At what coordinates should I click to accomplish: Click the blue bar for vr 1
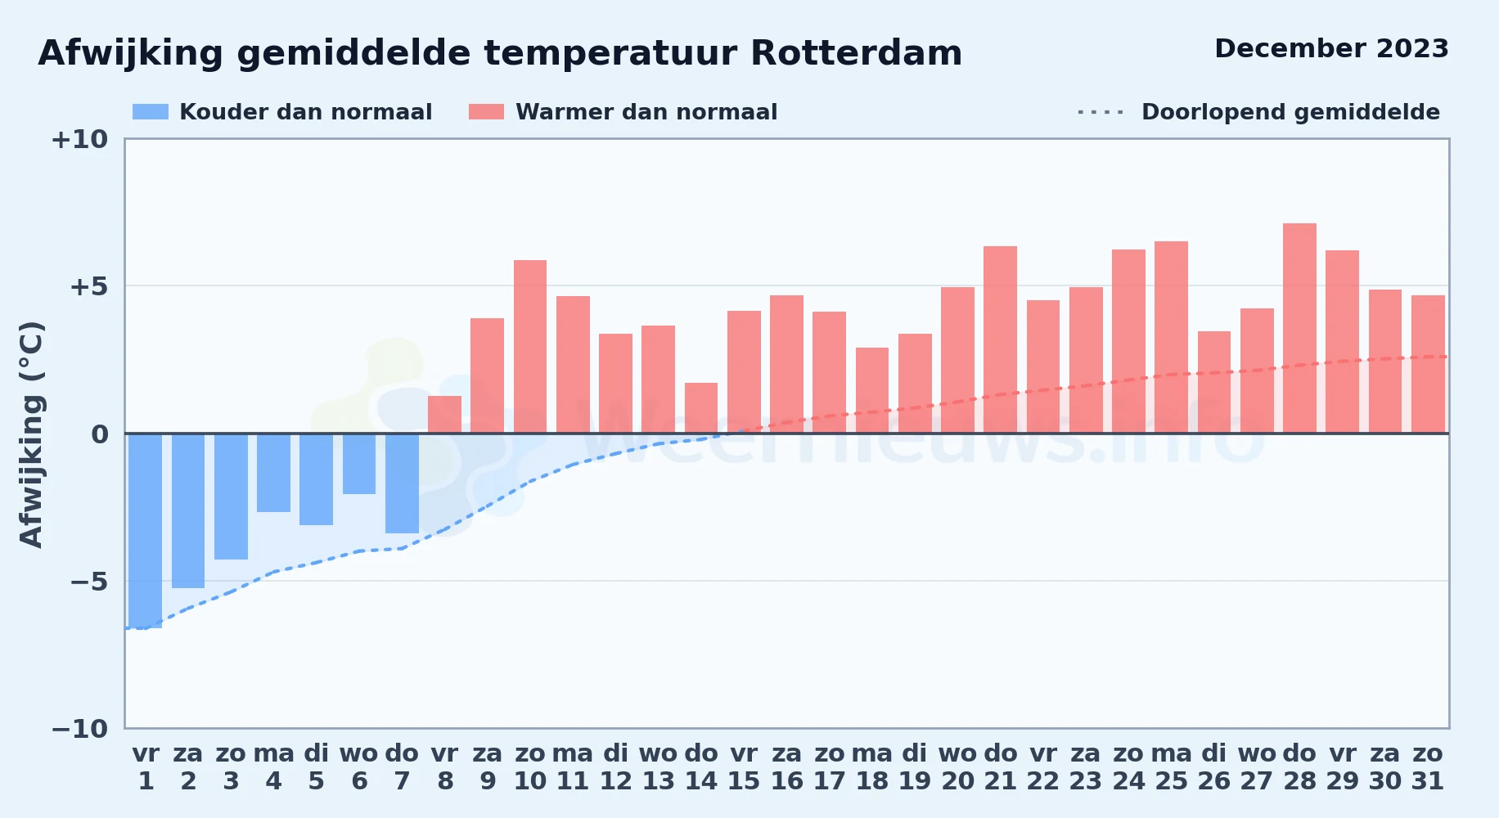pos(146,531)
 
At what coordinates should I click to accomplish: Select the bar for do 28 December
pos(1299,328)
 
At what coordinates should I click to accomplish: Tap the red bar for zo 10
pos(530,347)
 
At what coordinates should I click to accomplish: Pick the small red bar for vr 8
pos(444,415)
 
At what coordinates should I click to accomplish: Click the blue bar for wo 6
pos(359,464)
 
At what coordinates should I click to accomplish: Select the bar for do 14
pos(701,408)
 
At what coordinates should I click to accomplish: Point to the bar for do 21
pos(1000,339)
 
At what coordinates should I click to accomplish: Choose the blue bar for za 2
pos(188,510)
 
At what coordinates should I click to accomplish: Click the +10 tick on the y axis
pos(79,139)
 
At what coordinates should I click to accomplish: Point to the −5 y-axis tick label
pos(88,582)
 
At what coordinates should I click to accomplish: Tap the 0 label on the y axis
pos(100,434)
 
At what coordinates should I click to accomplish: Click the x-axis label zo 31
pos(1428,767)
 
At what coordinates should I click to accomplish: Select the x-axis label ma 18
pos(872,767)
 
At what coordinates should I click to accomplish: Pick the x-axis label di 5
pos(316,767)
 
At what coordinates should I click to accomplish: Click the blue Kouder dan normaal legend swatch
pos(151,112)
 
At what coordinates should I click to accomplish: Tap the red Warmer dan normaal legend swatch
pos(486,112)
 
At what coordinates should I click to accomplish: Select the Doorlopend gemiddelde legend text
pos(1290,112)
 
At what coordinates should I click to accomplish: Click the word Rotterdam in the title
pos(856,53)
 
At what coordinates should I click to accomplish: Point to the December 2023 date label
pos(1331,48)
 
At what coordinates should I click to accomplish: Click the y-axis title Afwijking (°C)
pos(31,434)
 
